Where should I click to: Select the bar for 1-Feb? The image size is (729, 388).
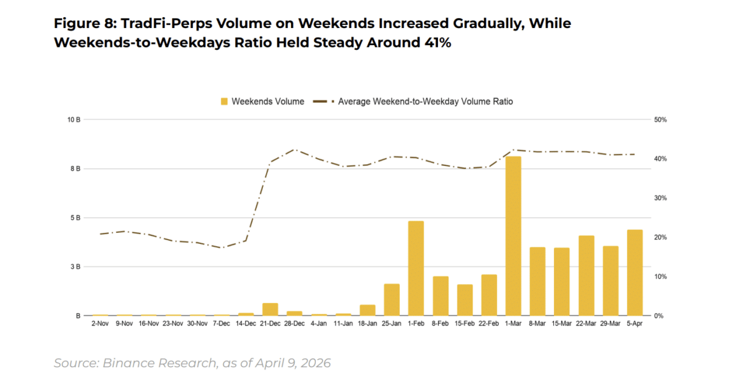(x=416, y=268)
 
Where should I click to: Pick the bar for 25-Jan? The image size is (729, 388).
(x=392, y=300)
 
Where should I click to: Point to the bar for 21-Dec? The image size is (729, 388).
(x=270, y=310)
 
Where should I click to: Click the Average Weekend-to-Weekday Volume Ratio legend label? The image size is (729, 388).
(x=425, y=102)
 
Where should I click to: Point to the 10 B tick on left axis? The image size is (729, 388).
(x=74, y=120)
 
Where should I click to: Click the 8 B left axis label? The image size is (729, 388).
(x=75, y=168)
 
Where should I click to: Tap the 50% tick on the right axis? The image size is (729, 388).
(x=660, y=120)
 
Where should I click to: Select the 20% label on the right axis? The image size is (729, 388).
(x=660, y=237)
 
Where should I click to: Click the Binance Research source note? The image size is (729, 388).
(x=192, y=363)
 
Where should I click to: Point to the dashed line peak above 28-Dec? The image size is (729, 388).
(x=295, y=149)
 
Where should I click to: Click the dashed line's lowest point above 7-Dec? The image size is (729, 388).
(x=222, y=248)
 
